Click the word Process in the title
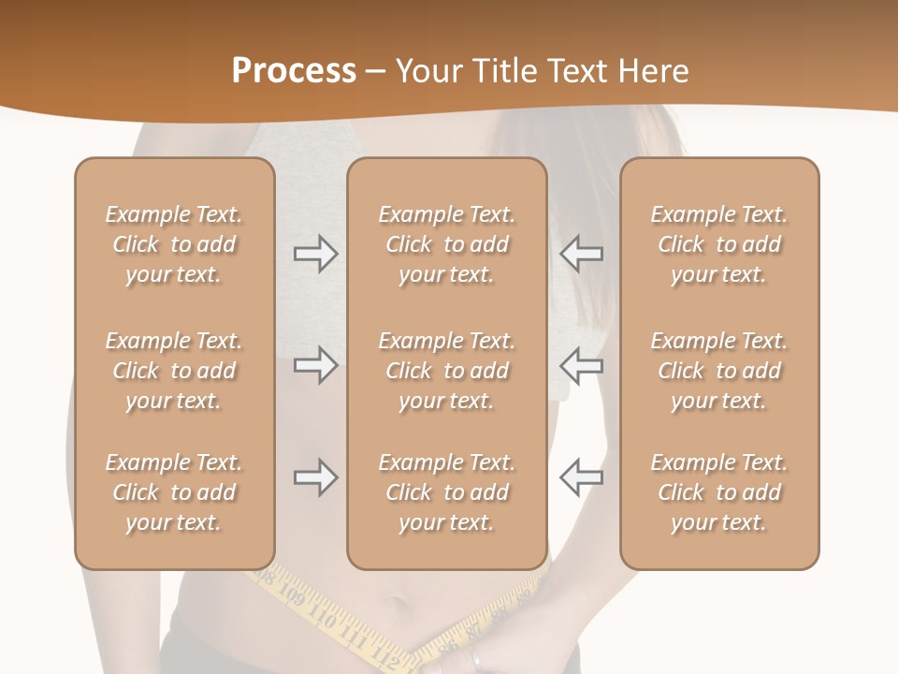tap(294, 71)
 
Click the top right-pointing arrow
tap(315, 254)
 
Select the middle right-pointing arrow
tap(315, 365)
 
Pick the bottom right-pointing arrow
tap(315, 477)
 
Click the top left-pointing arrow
tap(581, 254)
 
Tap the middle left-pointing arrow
tap(581, 365)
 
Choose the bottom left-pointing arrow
tap(581, 477)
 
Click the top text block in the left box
tap(174, 244)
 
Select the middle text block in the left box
tap(174, 371)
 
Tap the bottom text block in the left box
tap(174, 492)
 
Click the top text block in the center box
tap(447, 244)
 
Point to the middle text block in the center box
tap(447, 371)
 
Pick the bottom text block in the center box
tap(447, 492)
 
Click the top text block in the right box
tap(719, 244)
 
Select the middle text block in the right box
tap(719, 371)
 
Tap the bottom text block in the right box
tap(719, 492)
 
